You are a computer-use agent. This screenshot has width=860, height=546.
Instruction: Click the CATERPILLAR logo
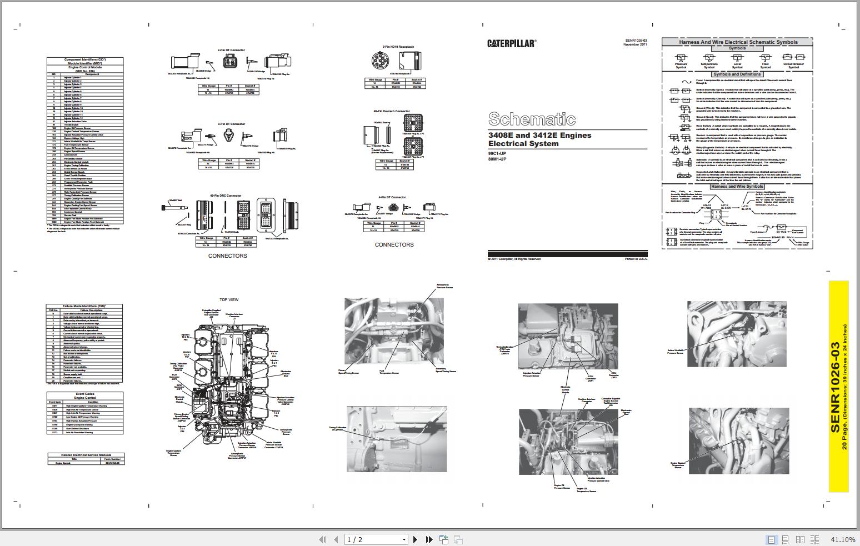pos(512,43)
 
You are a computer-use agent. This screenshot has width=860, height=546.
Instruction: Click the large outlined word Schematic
pos(532,119)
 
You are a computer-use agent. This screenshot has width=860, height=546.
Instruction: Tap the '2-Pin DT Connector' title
pos(231,50)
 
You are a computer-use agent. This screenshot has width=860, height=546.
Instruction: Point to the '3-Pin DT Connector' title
pos(231,124)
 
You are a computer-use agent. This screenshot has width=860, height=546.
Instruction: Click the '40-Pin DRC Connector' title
pos(226,196)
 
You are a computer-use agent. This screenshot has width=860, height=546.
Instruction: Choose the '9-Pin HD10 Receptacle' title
pos(398,47)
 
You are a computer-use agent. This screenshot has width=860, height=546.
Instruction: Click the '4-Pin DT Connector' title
pos(393,197)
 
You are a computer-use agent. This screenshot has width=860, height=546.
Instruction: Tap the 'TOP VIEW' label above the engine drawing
pos(229,299)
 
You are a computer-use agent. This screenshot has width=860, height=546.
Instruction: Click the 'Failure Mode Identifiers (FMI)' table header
pos(84,306)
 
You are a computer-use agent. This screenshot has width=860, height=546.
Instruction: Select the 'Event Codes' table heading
pos(85,394)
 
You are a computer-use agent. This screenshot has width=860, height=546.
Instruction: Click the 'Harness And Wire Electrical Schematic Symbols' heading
pos(738,42)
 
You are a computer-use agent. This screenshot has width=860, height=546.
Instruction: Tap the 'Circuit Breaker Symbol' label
pos(793,66)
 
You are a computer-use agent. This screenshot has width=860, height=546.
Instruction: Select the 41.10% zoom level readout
pos(843,539)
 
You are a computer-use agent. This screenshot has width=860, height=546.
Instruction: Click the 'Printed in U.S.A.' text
pos(636,259)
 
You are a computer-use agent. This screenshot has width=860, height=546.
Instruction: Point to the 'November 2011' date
pos(635,44)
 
